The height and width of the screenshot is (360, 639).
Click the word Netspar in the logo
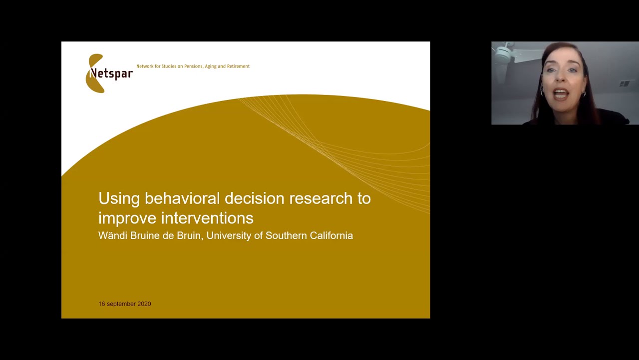tap(112, 73)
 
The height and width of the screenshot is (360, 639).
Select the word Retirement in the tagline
tap(238, 66)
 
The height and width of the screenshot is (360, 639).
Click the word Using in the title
tap(119, 198)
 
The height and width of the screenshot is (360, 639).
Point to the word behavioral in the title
tap(182, 198)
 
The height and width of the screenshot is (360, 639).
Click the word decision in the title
tap(254, 198)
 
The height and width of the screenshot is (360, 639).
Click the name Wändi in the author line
tap(112, 235)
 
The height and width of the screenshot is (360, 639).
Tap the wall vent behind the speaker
tap(625, 83)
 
